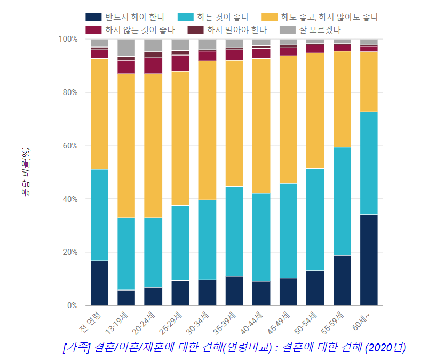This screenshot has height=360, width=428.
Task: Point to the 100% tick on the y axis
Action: pos(67,40)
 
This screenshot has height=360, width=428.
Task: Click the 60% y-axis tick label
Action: pos(69,146)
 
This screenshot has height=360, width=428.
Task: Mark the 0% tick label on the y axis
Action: pos(71,306)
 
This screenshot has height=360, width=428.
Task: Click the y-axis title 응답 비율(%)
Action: pos(26,172)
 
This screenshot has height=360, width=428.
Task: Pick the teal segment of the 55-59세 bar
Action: pos(342,201)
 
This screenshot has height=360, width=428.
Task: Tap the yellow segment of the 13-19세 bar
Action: pos(126,146)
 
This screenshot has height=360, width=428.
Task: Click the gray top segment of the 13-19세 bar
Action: pos(126,48)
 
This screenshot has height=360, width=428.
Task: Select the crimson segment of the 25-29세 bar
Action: pos(180,63)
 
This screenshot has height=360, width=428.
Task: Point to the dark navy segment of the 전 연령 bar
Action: pos(99,283)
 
